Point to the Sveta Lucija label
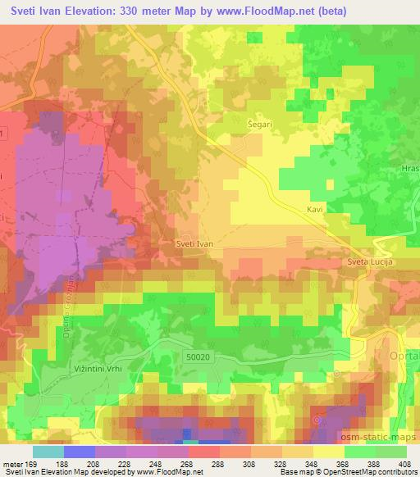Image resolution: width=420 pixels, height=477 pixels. click(364, 262)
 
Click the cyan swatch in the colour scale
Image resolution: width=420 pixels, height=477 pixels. click(48, 452)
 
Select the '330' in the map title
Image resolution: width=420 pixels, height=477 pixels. click(133, 11)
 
